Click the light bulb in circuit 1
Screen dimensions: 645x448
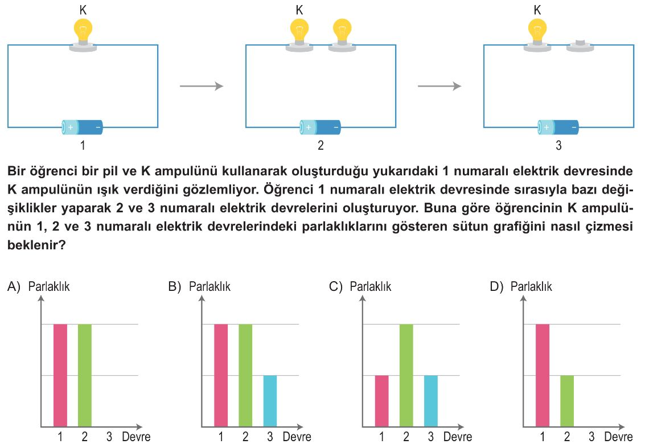click(83, 35)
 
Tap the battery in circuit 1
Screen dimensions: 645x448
click(83, 127)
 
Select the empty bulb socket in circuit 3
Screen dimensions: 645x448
click(580, 46)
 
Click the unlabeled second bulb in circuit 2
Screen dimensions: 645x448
click(342, 35)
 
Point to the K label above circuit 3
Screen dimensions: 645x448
click(537, 10)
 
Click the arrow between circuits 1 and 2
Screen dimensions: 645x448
click(202, 86)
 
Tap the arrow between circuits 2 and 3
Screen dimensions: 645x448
click(439, 86)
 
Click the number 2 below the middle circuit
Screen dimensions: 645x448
click(321, 145)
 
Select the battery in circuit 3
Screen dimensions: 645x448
click(558, 127)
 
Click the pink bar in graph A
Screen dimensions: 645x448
click(60, 375)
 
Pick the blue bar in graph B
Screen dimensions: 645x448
click(270, 401)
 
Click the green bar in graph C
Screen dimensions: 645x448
click(406, 375)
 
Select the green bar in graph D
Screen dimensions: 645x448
click(567, 401)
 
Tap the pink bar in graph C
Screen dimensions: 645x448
click(382, 401)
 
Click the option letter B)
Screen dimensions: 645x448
click(174, 286)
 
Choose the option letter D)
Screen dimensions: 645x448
click(496, 286)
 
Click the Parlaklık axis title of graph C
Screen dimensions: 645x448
click(370, 286)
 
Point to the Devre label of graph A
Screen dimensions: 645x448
click(136, 437)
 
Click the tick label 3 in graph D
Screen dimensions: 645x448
click(591, 437)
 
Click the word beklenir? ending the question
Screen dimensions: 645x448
click(36, 245)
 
